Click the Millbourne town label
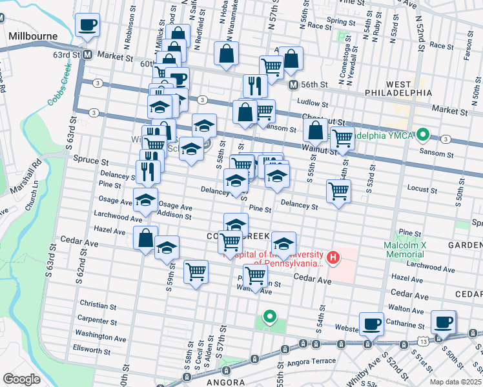(33, 37)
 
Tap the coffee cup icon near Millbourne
(87, 26)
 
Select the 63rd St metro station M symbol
(87, 55)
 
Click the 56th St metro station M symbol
(293, 84)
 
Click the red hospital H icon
(333, 258)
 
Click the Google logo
(21, 379)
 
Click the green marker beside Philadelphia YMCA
(423, 135)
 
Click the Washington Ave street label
(100, 337)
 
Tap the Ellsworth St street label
(92, 350)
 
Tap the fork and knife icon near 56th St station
(255, 86)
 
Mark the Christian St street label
(98, 303)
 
